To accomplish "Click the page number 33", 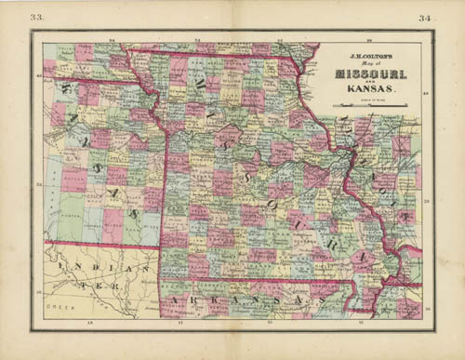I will tap(36, 17).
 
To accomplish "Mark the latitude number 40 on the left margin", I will tap(37, 77).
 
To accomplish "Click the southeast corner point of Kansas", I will tap(165, 247).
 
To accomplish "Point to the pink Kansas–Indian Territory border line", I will tap(102, 244).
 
